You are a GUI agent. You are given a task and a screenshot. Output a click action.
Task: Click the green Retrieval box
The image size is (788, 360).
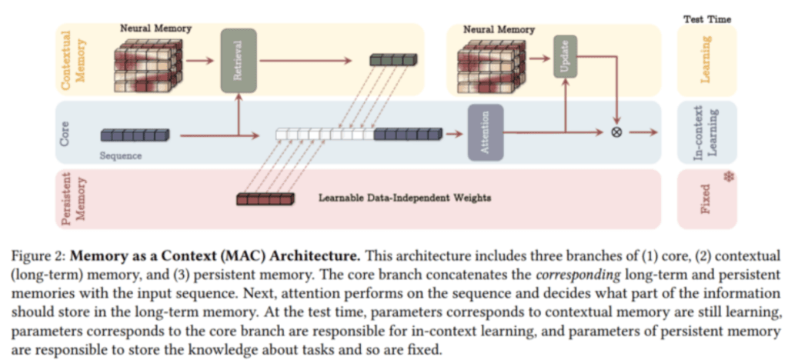239,61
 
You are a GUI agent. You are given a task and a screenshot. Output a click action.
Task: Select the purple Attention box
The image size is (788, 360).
486,132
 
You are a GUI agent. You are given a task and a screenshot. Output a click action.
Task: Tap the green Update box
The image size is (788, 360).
566,57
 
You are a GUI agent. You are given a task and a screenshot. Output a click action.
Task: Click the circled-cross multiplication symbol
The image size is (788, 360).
616,132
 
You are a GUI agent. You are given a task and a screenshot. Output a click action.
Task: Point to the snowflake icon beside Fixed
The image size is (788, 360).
727,177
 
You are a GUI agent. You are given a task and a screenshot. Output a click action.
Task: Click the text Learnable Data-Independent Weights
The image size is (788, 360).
405,198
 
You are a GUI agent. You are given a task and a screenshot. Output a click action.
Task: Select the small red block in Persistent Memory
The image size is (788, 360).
265,198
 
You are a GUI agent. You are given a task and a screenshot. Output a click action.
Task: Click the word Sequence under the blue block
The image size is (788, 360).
121,155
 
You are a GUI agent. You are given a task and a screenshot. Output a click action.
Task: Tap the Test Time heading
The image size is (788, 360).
707,19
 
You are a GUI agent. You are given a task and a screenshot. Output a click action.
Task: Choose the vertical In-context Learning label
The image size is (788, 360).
706,132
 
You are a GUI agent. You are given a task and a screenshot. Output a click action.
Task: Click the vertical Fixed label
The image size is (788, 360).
706,199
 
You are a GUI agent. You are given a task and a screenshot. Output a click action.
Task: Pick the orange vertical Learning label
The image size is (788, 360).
706,61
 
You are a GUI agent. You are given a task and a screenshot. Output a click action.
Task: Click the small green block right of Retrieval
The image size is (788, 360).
393,60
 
